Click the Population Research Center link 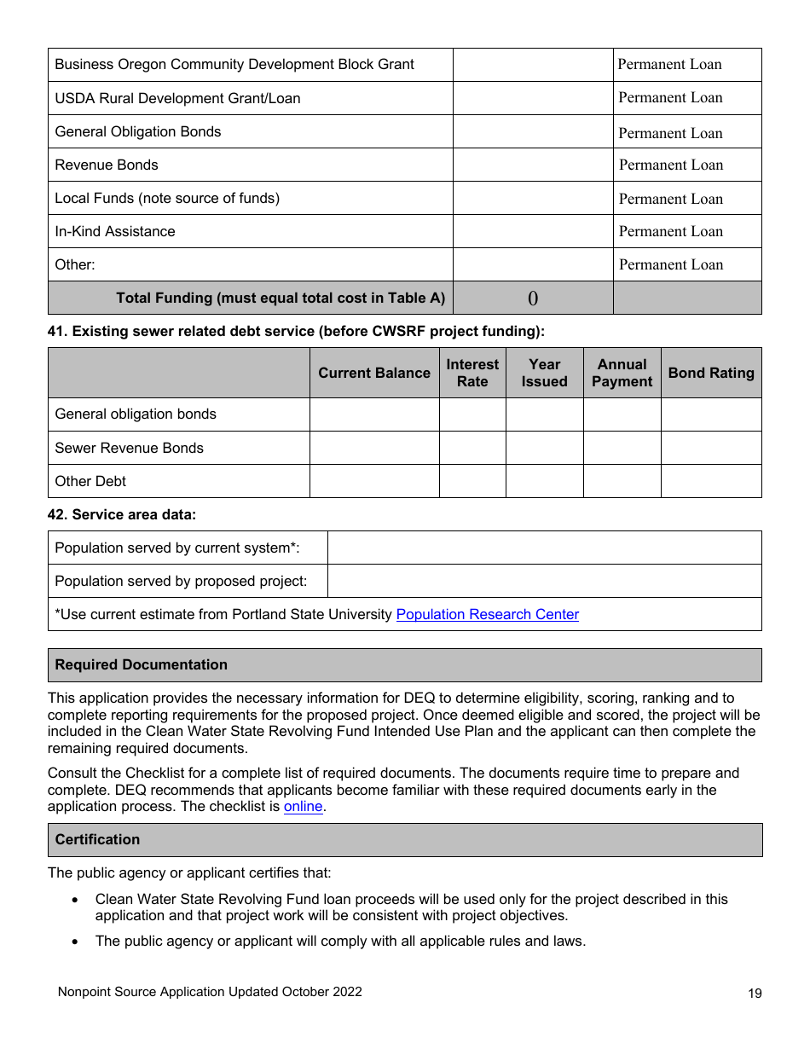click(487, 614)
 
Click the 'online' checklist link click(303, 806)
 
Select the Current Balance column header click(374, 373)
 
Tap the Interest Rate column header click(472, 373)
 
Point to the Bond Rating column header click(711, 373)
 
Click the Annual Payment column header click(622, 373)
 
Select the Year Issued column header click(544, 373)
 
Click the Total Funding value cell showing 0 click(533, 298)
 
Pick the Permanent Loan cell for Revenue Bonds click(687, 165)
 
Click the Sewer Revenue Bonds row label click(130, 448)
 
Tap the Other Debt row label click(90, 481)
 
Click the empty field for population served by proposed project click(544, 581)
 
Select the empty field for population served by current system click(544, 548)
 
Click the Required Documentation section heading click(142, 664)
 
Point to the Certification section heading click(97, 839)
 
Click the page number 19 click(755, 993)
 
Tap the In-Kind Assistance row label click(115, 231)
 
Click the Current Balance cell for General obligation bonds click(374, 414)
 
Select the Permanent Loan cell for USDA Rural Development click(687, 98)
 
